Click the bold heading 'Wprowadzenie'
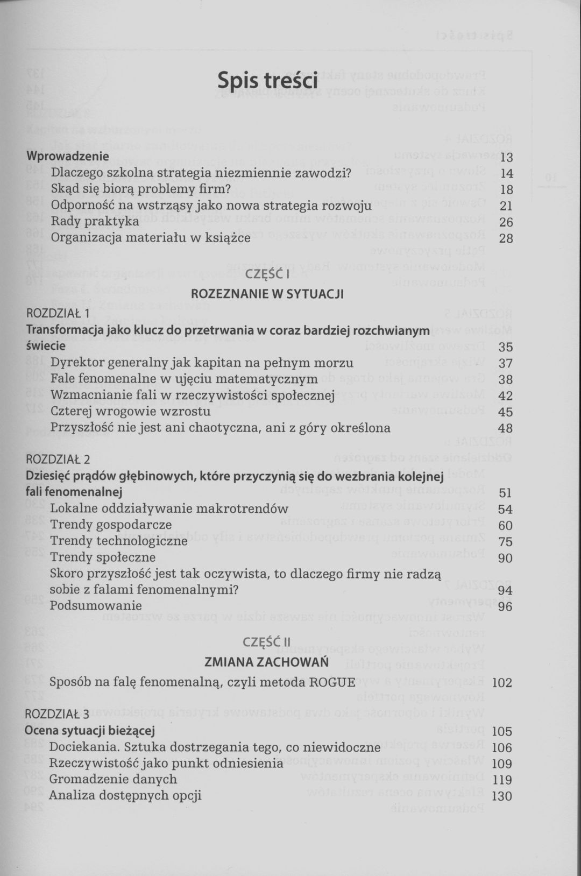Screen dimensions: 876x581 tap(68, 156)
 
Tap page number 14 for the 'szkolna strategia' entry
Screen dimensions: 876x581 tap(506, 173)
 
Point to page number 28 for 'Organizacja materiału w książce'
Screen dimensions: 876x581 tap(506, 238)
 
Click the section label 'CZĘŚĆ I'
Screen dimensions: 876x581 tap(267, 275)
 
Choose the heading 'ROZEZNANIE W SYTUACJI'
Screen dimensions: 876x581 tap(267, 294)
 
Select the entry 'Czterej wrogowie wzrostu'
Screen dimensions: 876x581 tap(130, 412)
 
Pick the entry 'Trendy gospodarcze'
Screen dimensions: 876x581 tap(111, 525)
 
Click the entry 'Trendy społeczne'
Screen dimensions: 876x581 tap(103, 557)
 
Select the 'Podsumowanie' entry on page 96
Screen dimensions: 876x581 tap(96, 605)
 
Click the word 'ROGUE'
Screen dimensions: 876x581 tap(332, 682)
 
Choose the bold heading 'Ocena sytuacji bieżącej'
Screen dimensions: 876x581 tap(90, 731)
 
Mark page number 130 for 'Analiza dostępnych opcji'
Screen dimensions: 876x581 tap(502, 796)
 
